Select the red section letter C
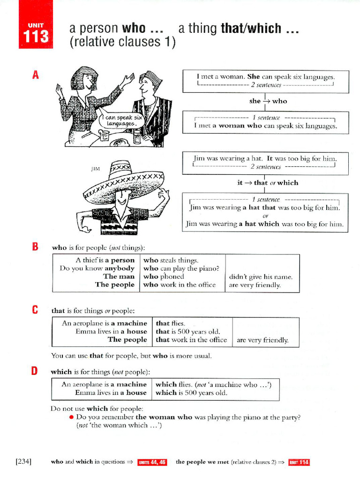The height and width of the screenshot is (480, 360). click(x=35, y=310)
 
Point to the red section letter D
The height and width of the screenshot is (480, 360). click(x=35, y=372)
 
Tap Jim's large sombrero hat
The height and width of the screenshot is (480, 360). click(x=123, y=180)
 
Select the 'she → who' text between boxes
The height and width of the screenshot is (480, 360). click(x=268, y=101)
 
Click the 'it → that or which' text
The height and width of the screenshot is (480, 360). click(x=267, y=183)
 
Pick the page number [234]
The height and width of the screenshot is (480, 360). click(x=23, y=462)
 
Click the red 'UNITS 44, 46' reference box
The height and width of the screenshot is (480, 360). click(x=152, y=462)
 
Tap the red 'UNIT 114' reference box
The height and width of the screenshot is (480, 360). click(x=299, y=462)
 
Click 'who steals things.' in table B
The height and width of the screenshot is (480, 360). click(x=171, y=260)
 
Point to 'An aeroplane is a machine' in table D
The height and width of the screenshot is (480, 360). click(x=104, y=384)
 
